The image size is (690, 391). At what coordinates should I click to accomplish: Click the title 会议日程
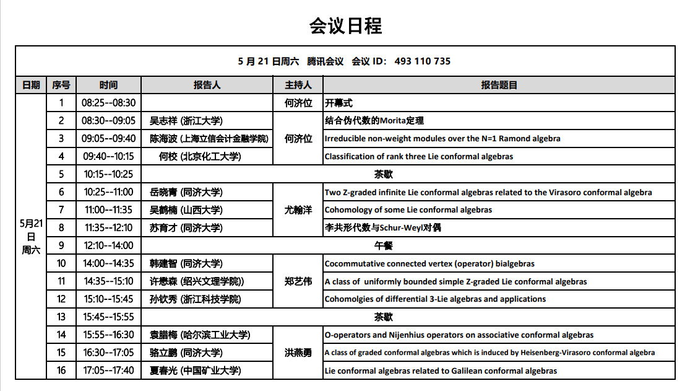tap(345, 25)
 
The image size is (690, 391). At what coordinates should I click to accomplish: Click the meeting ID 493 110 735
tap(422, 61)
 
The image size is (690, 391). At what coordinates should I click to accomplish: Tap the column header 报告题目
tap(499, 85)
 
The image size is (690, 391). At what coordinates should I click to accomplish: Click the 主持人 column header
tap(298, 85)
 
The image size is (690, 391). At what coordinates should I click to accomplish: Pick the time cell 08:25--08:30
tap(109, 103)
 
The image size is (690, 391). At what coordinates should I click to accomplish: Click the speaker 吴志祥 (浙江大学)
tap(186, 121)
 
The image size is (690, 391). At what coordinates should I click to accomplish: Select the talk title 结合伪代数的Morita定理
tap(374, 121)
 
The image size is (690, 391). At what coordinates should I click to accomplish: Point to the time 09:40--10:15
tap(109, 157)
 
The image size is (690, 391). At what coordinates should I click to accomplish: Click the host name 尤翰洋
tap(298, 210)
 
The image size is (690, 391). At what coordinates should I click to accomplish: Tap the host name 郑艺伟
tap(298, 281)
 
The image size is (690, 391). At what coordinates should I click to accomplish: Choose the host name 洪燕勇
tap(298, 353)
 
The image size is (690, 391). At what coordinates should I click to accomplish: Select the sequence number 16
tap(61, 371)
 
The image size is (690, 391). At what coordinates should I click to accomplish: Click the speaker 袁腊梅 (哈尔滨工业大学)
tap(200, 335)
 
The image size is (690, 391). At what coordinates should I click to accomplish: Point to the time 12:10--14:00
tap(109, 246)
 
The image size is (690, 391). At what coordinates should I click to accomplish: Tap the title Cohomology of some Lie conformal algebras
tap(408, 210)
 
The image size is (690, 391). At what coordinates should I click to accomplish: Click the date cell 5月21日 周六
tap(31, 237)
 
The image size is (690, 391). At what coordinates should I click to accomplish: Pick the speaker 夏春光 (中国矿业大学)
tap(196, 371)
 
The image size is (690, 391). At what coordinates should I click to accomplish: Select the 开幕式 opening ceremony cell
tap(339, 103)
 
